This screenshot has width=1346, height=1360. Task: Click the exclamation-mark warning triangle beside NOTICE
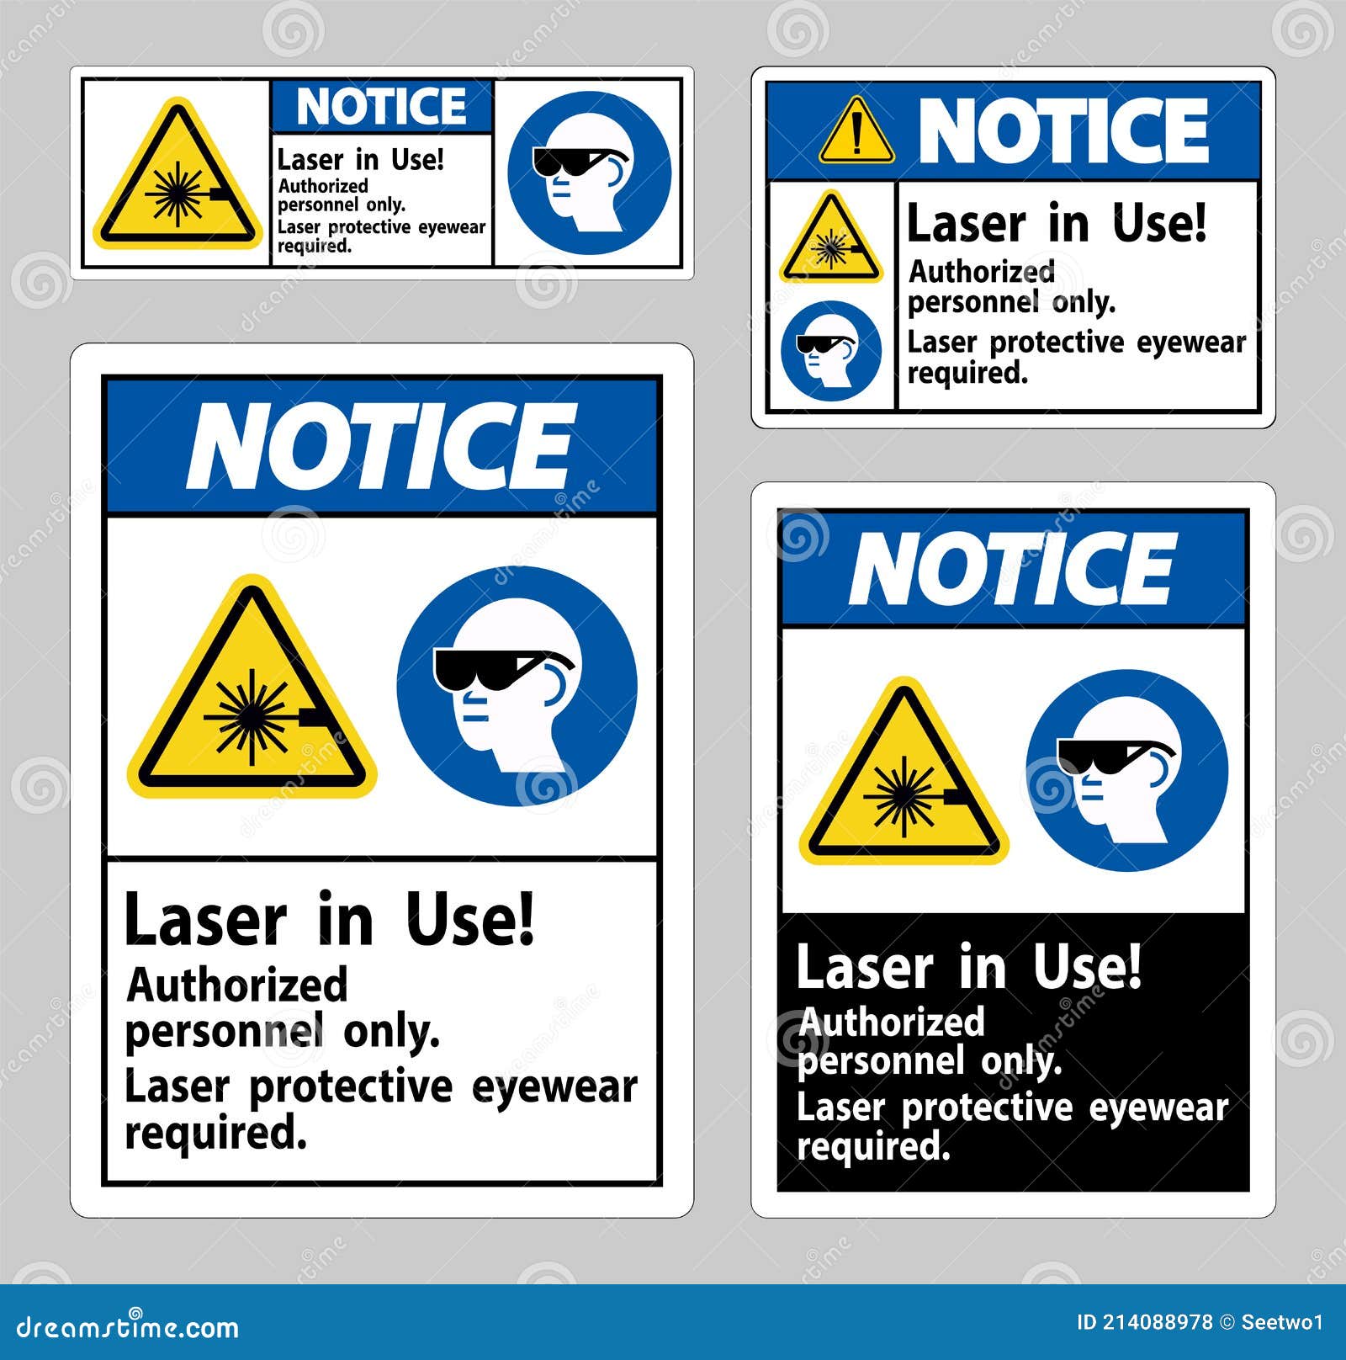856,132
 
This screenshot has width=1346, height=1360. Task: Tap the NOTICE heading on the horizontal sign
381,106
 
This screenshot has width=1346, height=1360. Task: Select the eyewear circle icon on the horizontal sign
589,173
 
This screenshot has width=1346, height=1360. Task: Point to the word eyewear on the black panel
1158,1108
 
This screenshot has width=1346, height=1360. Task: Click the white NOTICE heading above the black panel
1012,569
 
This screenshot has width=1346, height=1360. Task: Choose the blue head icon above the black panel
1126,770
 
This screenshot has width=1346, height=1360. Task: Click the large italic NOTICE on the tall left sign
381,446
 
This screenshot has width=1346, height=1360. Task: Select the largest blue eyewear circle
517,686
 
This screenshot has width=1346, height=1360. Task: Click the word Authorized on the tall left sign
236,985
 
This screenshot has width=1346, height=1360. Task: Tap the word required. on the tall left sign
215,1133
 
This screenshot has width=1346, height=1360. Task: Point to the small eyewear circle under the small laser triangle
830,351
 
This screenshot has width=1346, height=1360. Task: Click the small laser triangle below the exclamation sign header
831,242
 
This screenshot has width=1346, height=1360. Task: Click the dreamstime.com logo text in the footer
128,1328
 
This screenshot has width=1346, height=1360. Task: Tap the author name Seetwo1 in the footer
1283,1322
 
